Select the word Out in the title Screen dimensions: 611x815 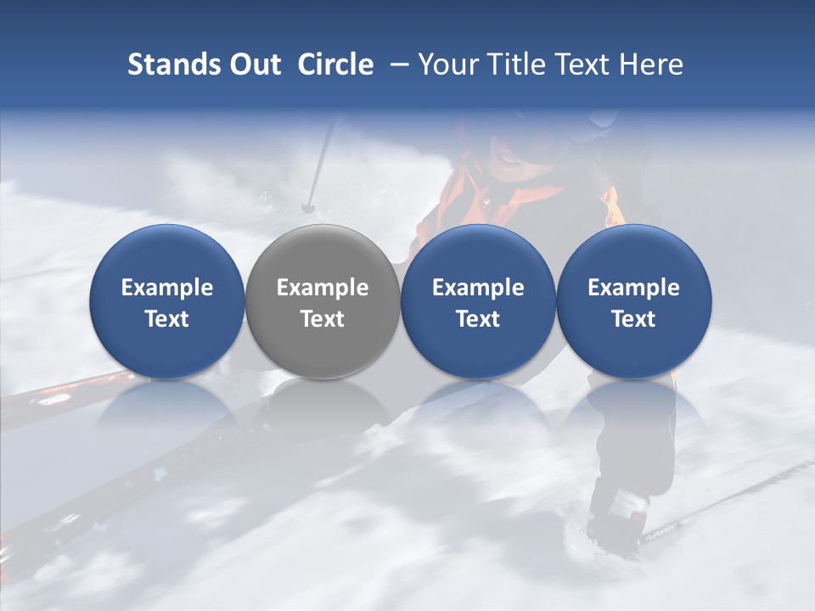256,64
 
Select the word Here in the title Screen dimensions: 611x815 652,64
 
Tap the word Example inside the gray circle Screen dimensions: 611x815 323,288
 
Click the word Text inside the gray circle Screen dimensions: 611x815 323,319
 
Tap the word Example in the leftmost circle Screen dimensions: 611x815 167,288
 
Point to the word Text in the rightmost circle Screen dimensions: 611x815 633,319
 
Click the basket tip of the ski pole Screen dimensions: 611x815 308,206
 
